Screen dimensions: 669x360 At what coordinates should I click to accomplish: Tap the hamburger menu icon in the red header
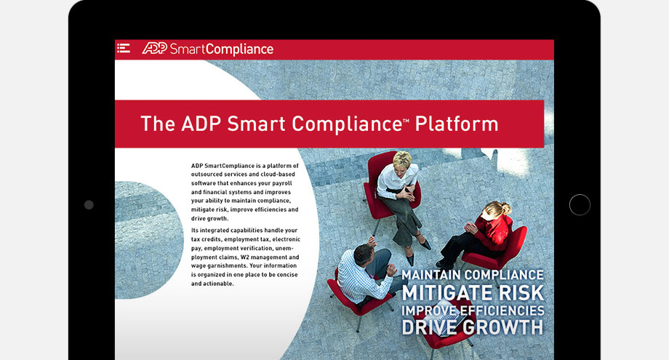[124, 48]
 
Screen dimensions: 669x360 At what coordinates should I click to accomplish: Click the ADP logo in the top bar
[154, 48]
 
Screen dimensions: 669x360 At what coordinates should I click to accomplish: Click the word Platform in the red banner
[457, 124]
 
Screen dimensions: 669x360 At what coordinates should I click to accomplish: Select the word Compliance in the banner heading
[347, 124]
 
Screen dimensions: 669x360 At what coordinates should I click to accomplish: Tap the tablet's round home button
[580, 205]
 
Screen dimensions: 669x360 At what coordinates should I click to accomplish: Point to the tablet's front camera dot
[89, 205]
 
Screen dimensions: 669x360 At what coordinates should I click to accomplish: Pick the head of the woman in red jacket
[497, 210]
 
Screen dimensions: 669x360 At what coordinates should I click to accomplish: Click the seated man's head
[364, 254]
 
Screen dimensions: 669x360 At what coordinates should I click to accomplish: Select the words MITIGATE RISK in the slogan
[473, 292]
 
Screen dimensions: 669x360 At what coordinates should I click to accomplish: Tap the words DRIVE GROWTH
[473, 327]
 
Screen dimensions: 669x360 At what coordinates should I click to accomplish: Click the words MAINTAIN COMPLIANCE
[473, 275]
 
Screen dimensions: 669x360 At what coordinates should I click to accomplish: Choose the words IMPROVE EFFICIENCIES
[473, 310]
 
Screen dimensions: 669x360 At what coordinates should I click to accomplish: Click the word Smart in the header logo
[185, 49]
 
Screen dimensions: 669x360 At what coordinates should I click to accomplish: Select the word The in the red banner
[158, 124]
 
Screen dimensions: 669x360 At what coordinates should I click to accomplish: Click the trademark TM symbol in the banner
[406, 121]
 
